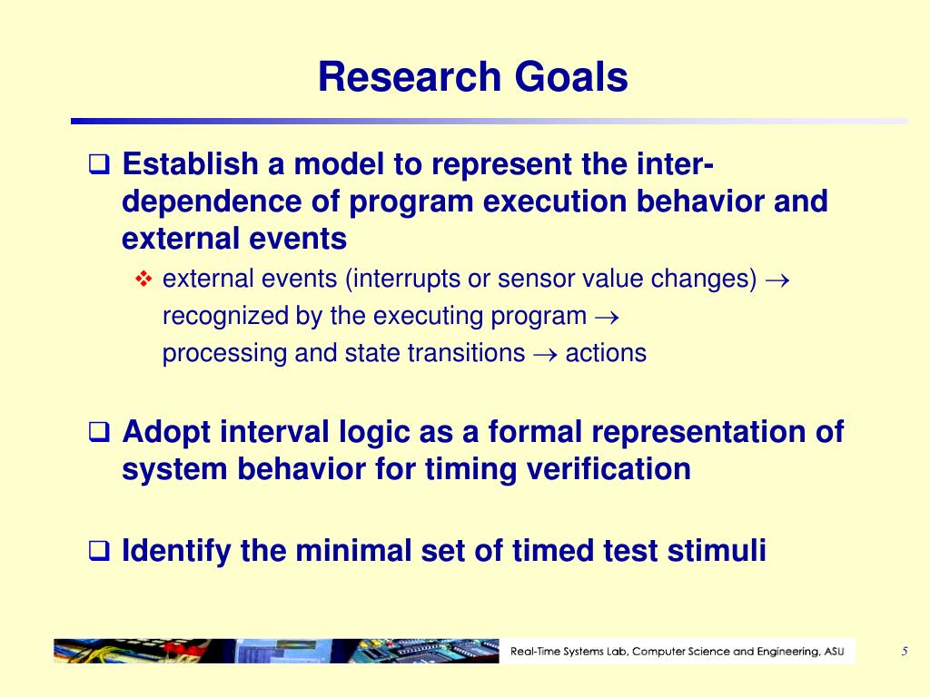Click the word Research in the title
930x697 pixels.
point(410,77)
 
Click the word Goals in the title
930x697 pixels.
point(571,77)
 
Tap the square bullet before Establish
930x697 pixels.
point(99,164)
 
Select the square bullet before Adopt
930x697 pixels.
point(99,431)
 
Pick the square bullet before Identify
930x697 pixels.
point(99,551)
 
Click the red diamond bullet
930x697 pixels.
point(143,279)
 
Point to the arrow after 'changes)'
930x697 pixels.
point(777,280)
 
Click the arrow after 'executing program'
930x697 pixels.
point(607,317)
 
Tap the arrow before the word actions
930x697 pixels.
point(546,355)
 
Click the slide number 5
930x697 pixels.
point(905,652)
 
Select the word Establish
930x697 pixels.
point(191,163)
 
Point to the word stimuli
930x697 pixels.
point(717,550)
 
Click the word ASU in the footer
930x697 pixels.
point(834,652)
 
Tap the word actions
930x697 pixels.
point(606,353)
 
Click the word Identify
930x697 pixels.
point(176,551)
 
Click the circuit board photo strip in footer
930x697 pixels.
point(276,651)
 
